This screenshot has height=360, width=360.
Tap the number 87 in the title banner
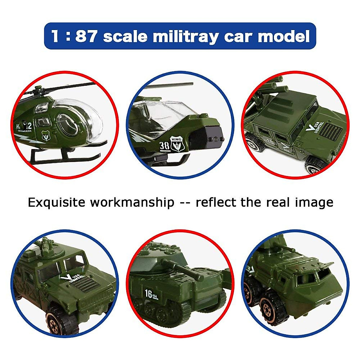(x=86, y=36)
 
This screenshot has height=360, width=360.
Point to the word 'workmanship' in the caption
(x=132, y=202)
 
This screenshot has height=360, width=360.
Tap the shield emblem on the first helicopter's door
(x=46, y=136)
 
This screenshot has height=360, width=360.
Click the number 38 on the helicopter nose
(x=164, y=145)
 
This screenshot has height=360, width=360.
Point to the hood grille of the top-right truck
(x=333, y=130)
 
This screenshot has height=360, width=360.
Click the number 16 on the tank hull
(x=148, y=293)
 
